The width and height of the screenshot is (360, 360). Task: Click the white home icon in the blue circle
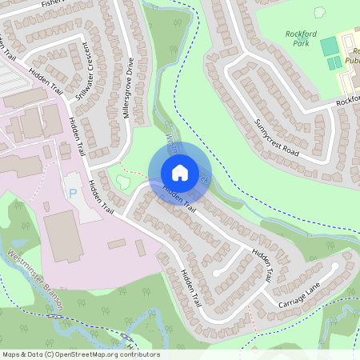click(179, 173)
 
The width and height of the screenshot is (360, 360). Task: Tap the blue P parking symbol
click(74, 194)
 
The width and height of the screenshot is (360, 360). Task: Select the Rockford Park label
click(302, 38)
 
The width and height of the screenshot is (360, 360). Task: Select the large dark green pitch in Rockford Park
click(330, 46)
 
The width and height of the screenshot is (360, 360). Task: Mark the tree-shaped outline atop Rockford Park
click(320, 13)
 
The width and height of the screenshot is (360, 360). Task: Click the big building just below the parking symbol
click(62, 236)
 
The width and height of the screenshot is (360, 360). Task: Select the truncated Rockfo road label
click(347, 100)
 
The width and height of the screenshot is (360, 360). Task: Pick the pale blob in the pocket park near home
click(122, 182)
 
